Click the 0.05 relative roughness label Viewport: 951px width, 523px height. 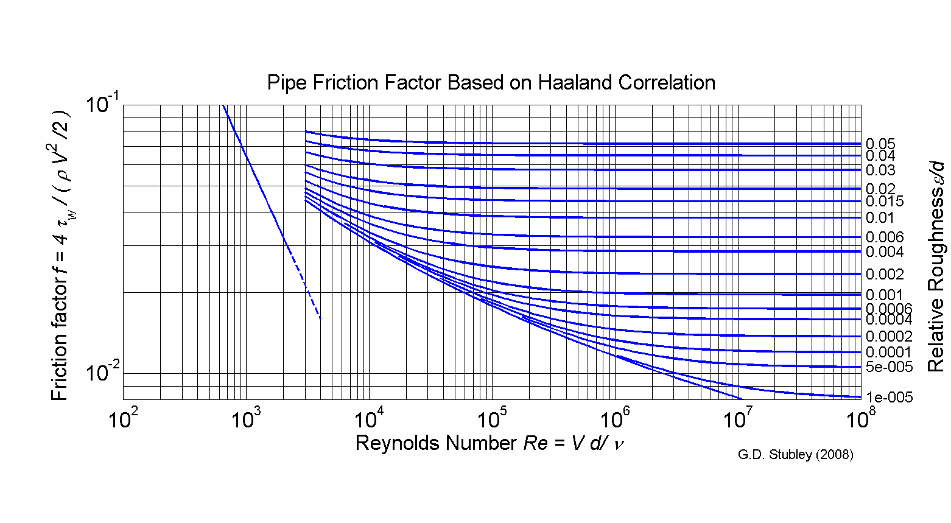click(880, 144)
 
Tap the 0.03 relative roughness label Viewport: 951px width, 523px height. click(880, 170)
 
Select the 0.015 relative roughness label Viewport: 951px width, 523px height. click(885, 202)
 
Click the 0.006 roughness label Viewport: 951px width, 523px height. click(885, 237)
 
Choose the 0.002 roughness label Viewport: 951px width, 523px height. click(885, 275)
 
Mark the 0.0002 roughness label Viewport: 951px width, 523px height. click(889, 337)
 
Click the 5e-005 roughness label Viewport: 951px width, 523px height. click(889, 367)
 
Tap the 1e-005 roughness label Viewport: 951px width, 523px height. click(889, 398)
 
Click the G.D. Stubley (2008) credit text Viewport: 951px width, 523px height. click(795, 455)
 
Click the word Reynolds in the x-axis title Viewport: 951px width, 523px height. click(396, 443)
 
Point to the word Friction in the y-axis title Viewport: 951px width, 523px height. click(59, 369)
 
